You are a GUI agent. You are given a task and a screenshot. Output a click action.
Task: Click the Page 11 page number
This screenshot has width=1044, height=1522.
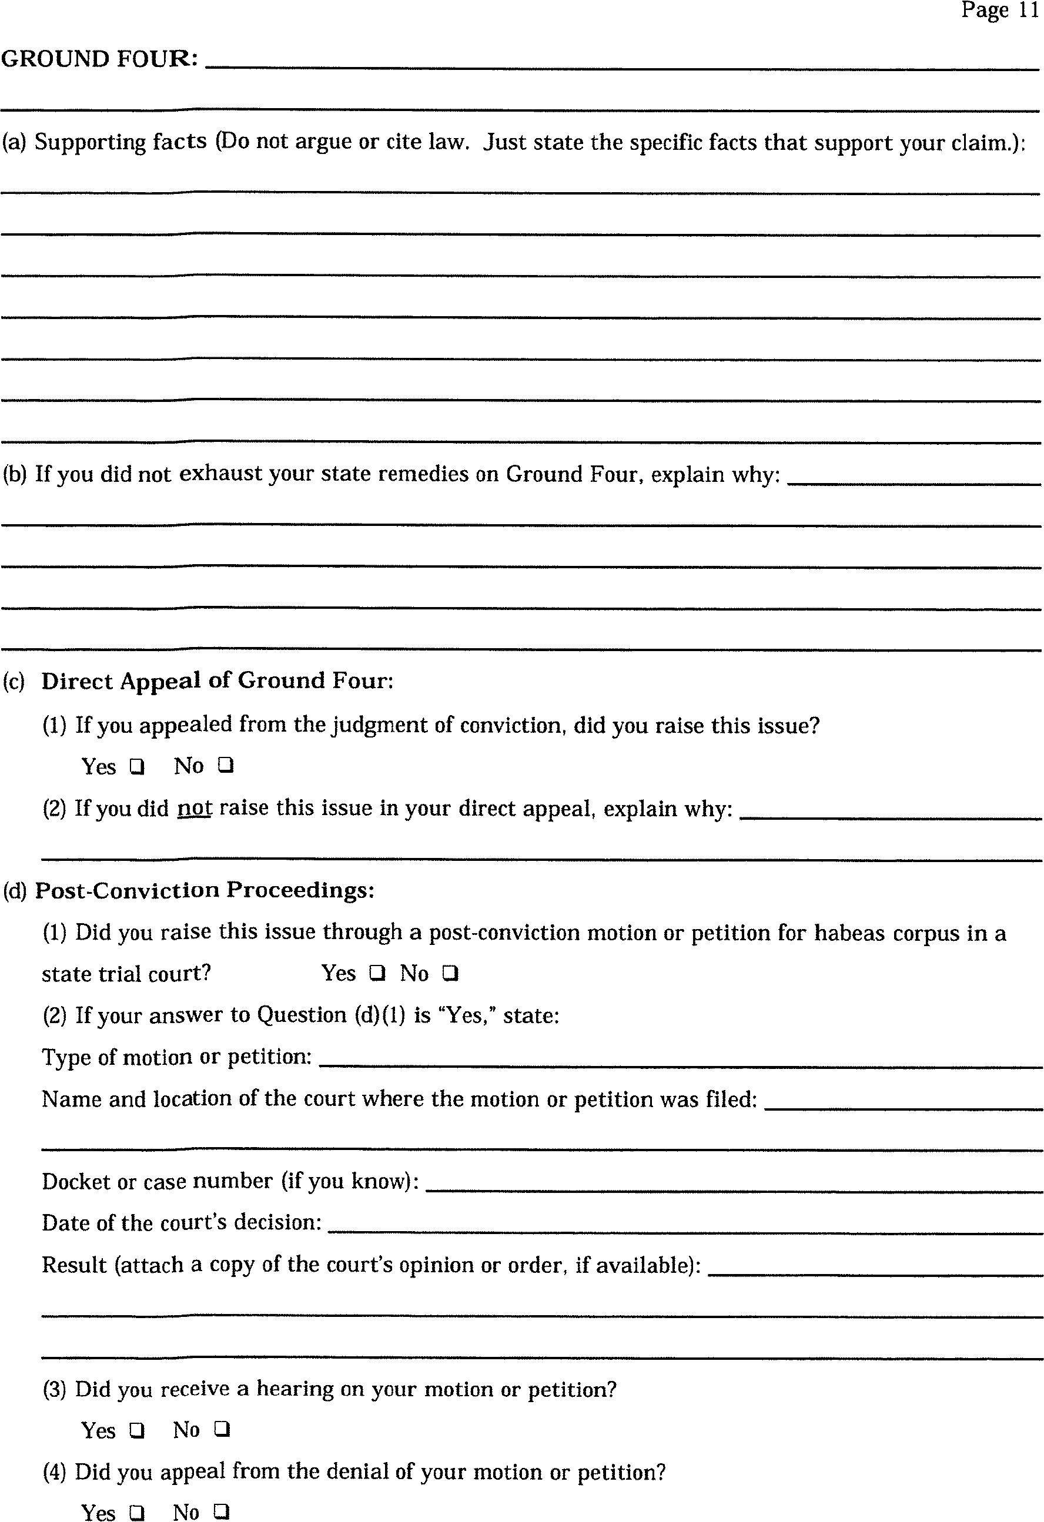pyautogui.click(x=999, y=11)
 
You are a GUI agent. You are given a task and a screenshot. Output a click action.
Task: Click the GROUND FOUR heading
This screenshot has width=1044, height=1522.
pyautogui.click(x=99, y=59)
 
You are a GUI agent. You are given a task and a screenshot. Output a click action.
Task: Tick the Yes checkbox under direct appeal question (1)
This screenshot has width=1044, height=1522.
pyautogui.click(x=137, y=766)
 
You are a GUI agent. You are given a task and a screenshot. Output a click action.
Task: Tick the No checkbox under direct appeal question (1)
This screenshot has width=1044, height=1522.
pyautogui.click(x=225, y=765)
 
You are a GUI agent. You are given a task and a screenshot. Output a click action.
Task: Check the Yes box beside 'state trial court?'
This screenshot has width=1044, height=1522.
pyautogui.click(x=377, y=974)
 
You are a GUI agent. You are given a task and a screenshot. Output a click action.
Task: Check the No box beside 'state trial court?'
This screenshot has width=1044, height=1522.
pyautogui.click(x=450, y=974)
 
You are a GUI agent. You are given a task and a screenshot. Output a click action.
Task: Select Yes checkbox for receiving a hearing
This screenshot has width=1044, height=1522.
pyautogui.click(x=137, y=1430)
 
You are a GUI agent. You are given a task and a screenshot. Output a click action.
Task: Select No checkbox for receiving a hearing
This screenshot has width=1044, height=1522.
pyautogui.click(x=222, y=1429)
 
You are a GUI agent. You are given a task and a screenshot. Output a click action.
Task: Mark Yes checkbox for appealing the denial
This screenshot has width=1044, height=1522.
pyautogui.click(x=137, y=1513)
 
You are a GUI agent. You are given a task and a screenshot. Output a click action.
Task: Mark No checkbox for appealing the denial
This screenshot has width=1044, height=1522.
pyautogui.click(x=222, y=1511)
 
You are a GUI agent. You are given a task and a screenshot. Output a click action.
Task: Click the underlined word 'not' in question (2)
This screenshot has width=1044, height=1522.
pyautogui.click(x=195, y=808)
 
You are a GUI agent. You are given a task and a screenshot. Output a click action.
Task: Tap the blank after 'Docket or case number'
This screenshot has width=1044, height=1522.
pyautogui.click(x=734, y=1184)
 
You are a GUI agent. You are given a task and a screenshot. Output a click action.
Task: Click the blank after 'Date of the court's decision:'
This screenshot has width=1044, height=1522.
pyautogui.click(x=684, y=1225)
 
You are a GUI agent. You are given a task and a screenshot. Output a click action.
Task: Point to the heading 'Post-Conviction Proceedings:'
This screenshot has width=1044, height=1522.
pyautogui.click(x=205, y=891)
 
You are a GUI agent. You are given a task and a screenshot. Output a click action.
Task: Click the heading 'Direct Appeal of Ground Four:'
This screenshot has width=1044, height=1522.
pyautogui.click(x=217, y=681)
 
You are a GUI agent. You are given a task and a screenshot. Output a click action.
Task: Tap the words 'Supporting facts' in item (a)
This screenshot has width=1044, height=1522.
pyautogui.click(x=121, y=142)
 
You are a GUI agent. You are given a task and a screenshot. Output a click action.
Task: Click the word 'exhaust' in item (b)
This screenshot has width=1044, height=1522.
pyautogui.click(x=220, y=474)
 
